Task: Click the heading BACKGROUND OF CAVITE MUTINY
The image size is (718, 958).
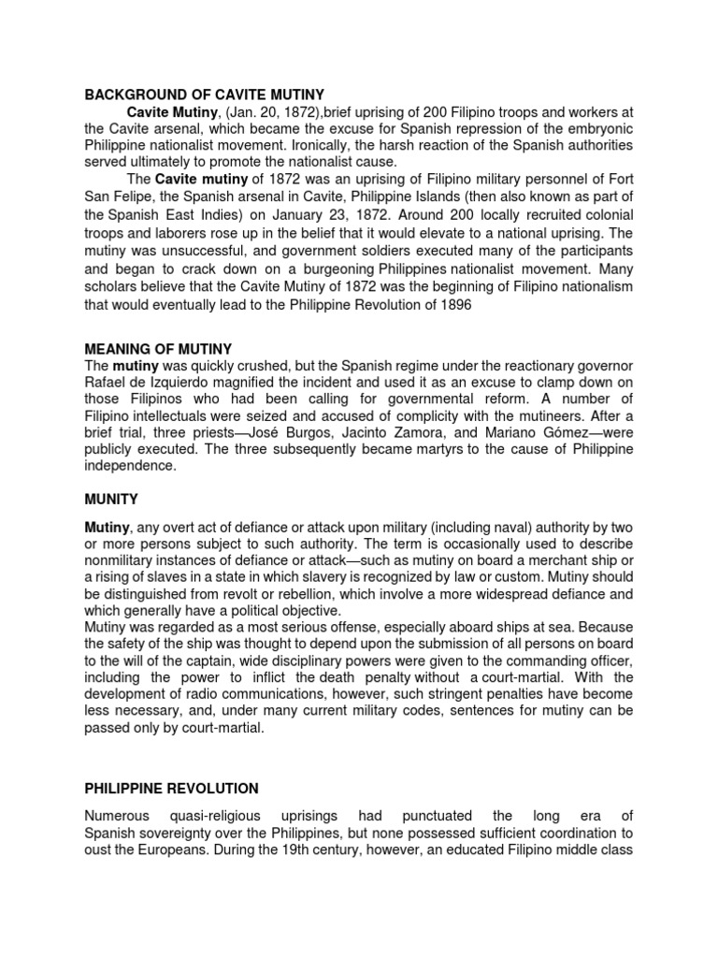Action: click(204, 94)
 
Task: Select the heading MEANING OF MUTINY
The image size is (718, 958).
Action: click(158, 349)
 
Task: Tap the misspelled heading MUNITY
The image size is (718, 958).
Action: click(111, 501)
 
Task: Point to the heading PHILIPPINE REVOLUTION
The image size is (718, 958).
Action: click(171, 789)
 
